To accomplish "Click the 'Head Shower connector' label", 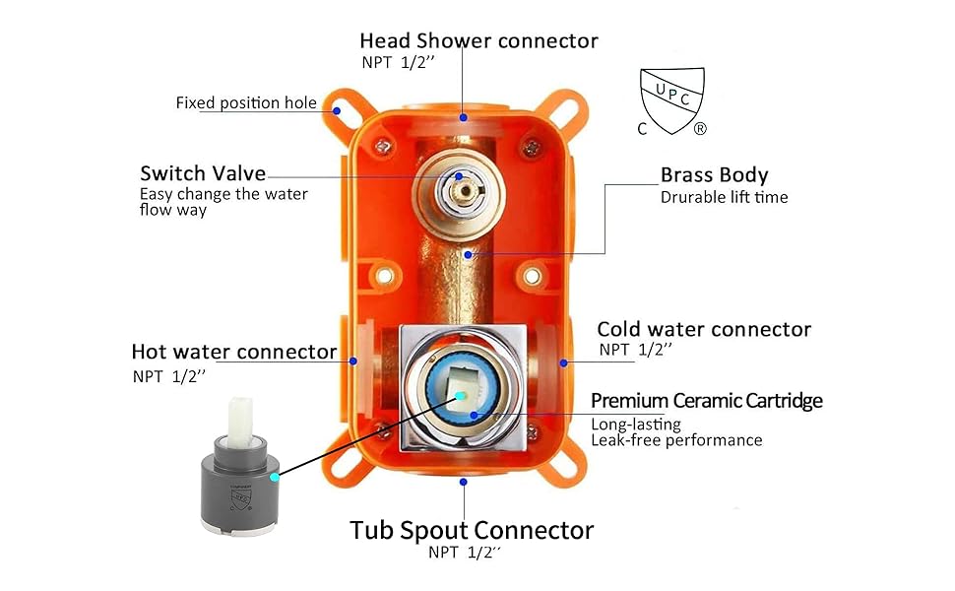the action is coord(478,40).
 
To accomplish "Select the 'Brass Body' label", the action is coord(714,175).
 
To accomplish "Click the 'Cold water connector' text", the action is coord(704,329).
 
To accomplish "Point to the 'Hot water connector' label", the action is coord(234,352).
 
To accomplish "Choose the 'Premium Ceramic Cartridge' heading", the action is coord(706,400).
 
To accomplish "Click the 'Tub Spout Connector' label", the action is coord(472,530).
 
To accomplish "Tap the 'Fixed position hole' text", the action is coord(246,102).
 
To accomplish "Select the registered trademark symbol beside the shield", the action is coord(700,129).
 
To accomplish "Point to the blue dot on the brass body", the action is coord(470,253).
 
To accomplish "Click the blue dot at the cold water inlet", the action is coord(564,362).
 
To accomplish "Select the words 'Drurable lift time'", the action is coord(724,197).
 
